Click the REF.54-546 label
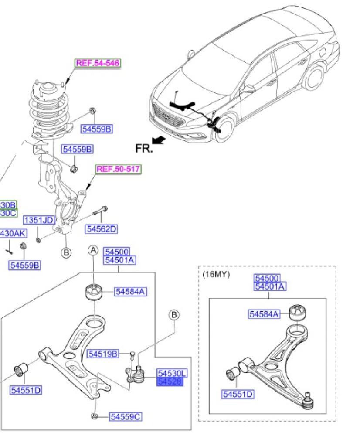(97, 63)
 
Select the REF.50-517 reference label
(119, 169)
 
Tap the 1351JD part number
(38, 220)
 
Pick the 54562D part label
(102, 228)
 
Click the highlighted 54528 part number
(170, 382)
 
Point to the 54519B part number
(102, 354)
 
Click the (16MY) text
(216, 275)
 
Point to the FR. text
(144, 149)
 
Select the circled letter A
(93, 250)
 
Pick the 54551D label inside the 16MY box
(238, 395)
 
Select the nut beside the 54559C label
(94, 417)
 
